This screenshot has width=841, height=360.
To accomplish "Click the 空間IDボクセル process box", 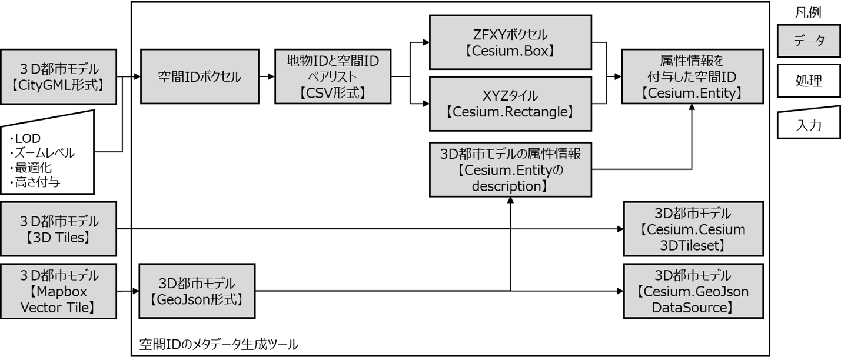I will pos(200,76).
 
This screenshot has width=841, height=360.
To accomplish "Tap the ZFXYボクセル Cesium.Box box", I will pos(510,42).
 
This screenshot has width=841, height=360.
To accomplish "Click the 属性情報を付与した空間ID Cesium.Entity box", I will pos(692,76).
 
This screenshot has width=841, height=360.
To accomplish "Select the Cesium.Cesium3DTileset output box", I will pos(693,229).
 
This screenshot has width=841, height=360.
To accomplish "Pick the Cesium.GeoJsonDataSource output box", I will pos(693,291).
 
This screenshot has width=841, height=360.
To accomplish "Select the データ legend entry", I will pos(808,42).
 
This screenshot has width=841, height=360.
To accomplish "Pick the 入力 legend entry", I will pos(808,125).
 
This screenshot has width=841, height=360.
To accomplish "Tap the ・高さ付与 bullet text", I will pos(35,182).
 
